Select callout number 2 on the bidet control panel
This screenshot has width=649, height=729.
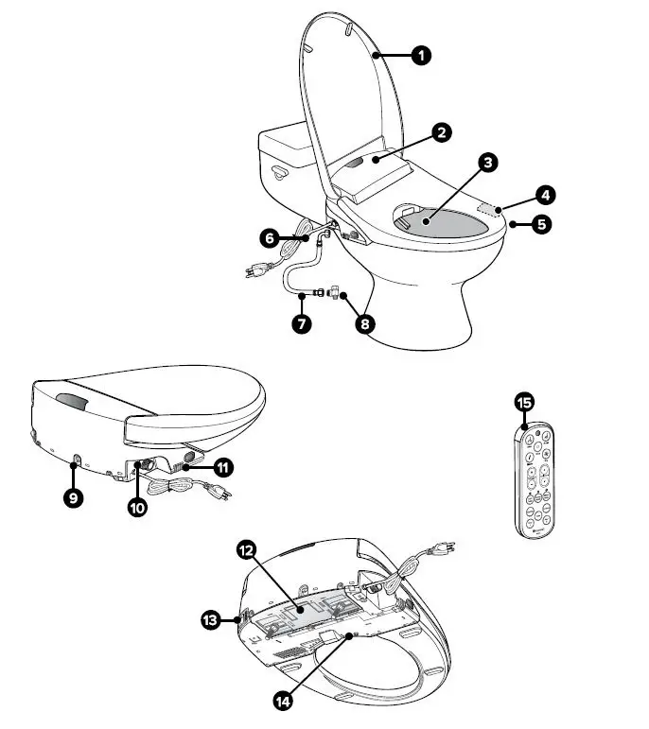[x=440, y=132]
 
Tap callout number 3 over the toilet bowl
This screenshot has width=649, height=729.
[x=487, y=164]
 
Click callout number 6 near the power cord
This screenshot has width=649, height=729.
[x=270, y=239]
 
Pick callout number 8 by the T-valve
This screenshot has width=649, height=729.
[x=363, y=321]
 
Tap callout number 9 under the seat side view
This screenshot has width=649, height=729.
[x=74, y=496]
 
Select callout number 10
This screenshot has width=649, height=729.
[x=137, y=507]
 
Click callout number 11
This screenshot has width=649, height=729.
[x=223, y=466]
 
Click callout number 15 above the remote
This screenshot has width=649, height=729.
[x=524, y=403]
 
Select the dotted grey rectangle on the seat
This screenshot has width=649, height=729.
[x=489, y=205]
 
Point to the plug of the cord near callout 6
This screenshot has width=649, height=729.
[x=253, y=273]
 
